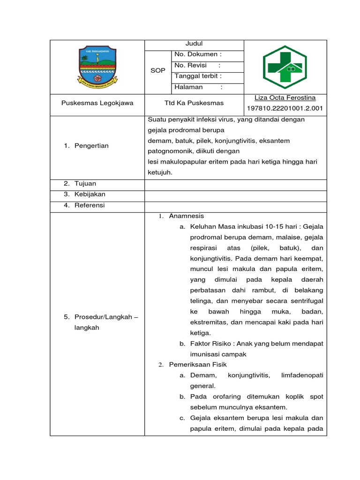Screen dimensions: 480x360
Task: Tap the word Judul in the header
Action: pos(194,44)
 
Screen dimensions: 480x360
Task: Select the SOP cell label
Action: pos(157,70)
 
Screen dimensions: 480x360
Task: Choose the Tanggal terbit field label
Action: pos(198,76)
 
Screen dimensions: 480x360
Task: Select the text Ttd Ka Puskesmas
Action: pos(194,103)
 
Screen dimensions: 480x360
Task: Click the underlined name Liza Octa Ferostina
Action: pos(285,98)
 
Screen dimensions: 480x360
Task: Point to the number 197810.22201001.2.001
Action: pos(285,109)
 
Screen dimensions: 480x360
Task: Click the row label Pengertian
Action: pos(91,146)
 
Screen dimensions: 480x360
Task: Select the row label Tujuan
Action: pos(85,183)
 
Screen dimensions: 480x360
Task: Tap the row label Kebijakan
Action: pos(90,194)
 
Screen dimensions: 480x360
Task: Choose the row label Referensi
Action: pos(90,205)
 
